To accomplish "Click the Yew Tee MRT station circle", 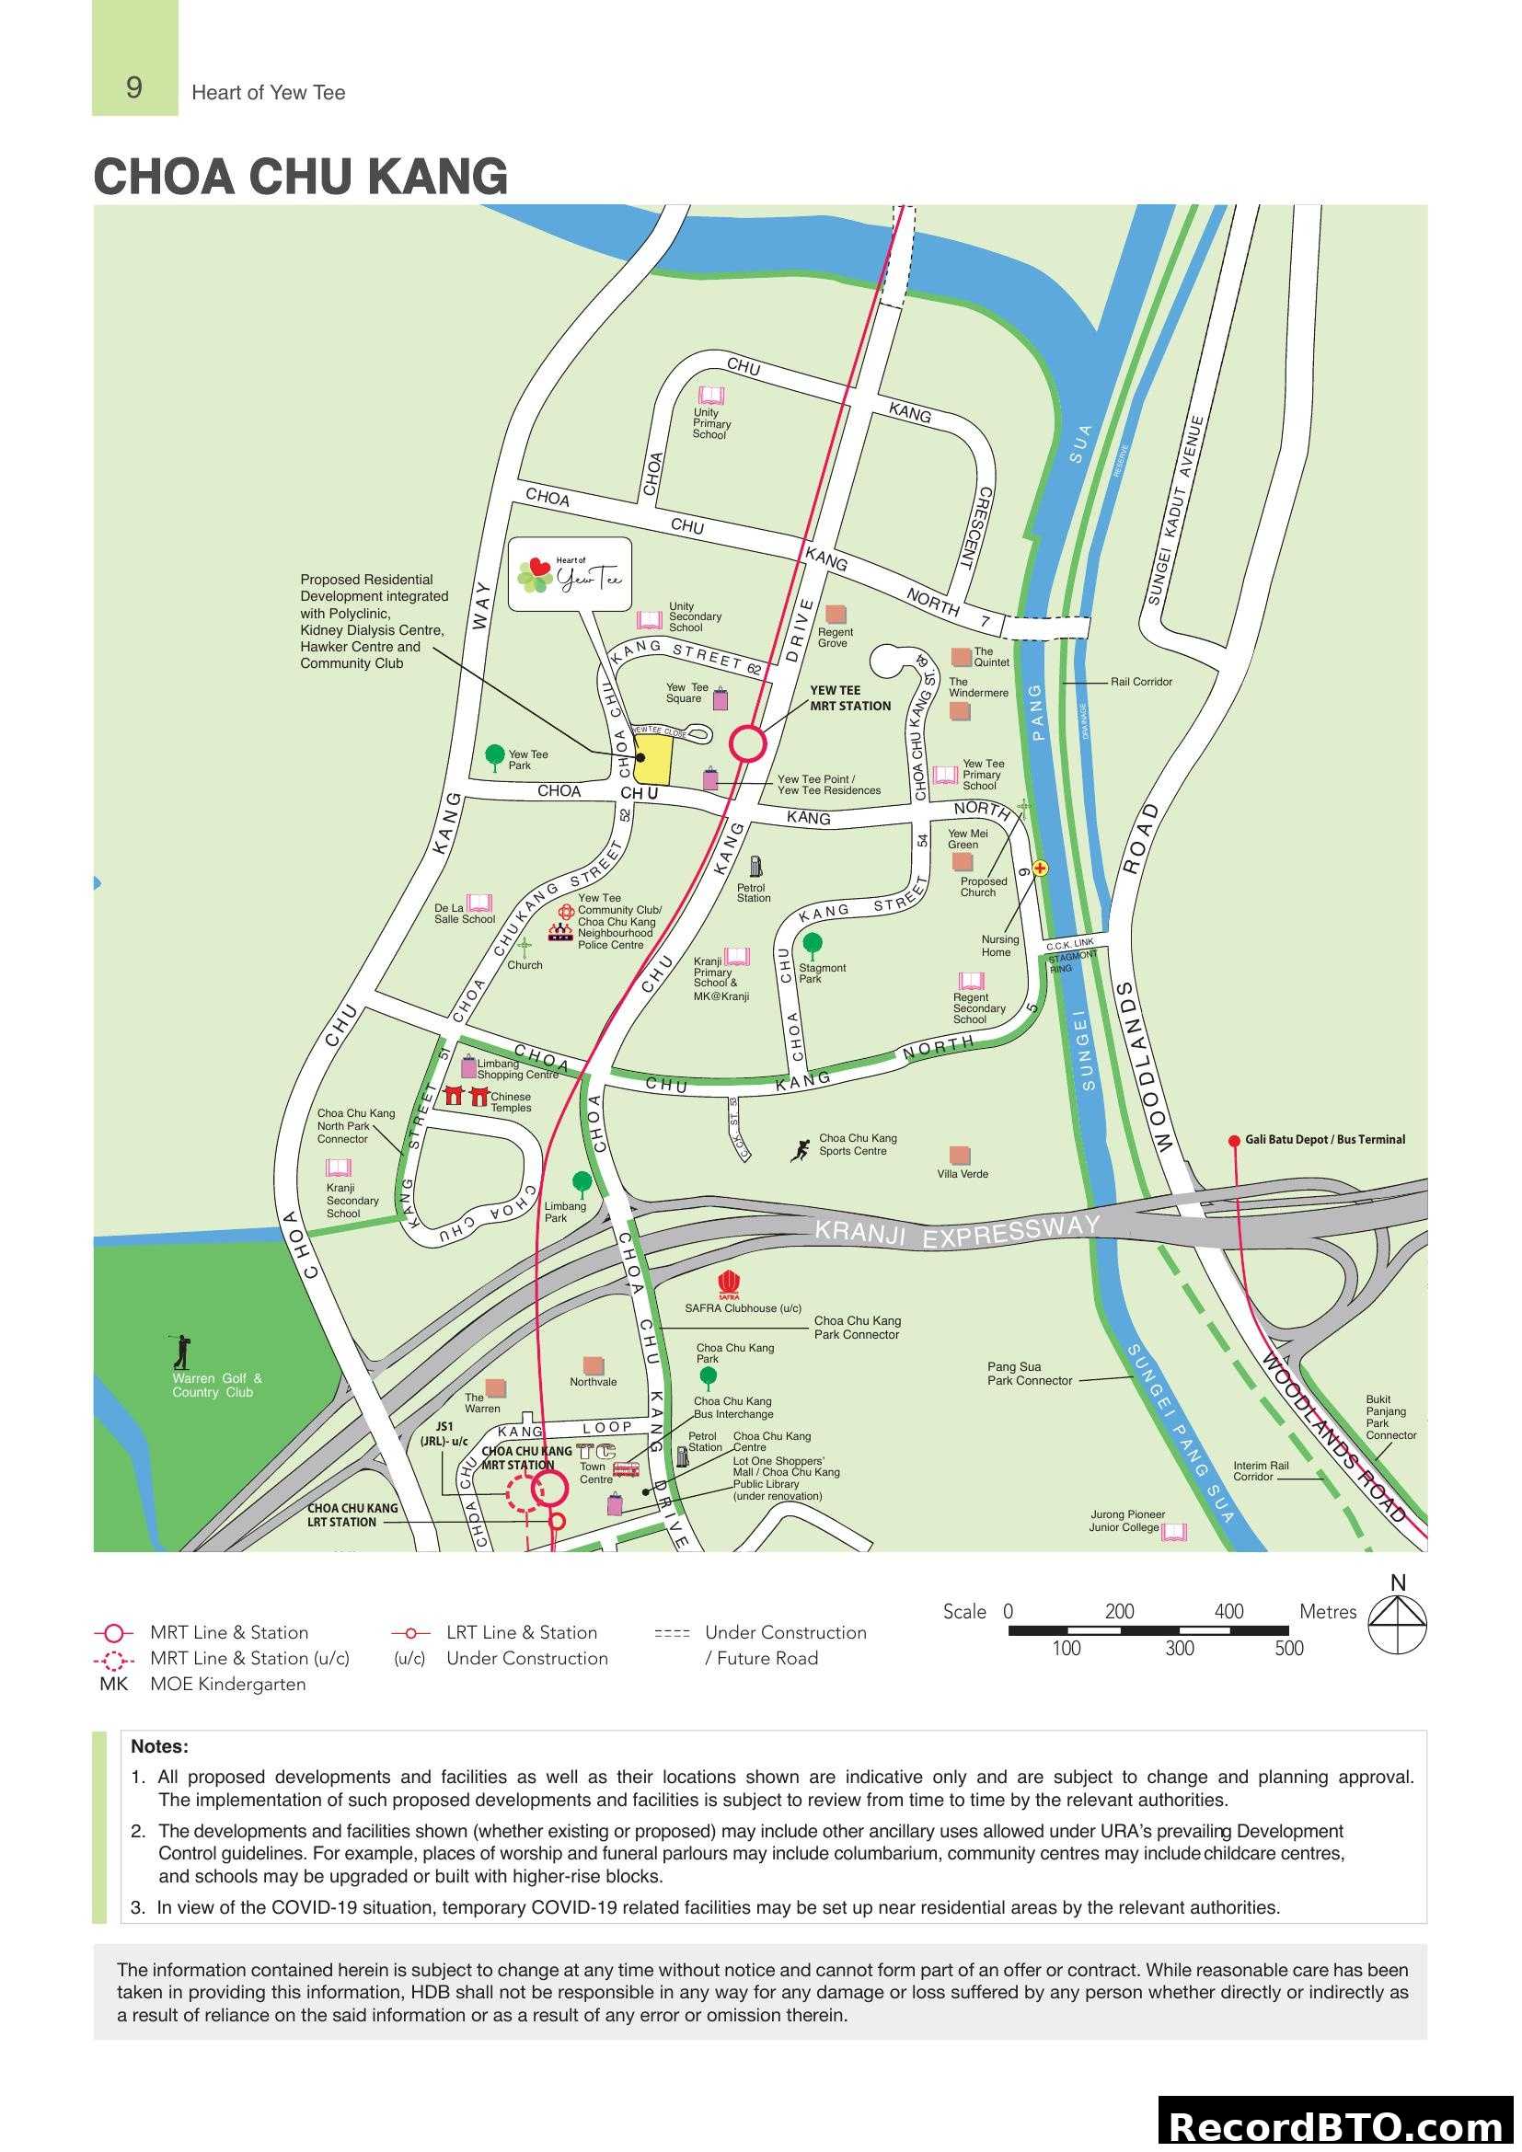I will point(748,744).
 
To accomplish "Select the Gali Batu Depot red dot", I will point(1234,1141).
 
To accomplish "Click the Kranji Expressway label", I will point(956,1232).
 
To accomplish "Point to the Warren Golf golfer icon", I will point(182,1352).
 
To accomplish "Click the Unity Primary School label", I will point(711,423).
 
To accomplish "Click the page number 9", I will point(134,88).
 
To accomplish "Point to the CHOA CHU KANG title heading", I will point(300,177).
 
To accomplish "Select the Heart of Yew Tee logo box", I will point(569,573).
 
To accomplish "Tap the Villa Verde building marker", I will point(960,1156).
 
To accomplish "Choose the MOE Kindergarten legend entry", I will point(226,1685).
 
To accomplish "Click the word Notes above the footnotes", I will point(159,1747).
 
